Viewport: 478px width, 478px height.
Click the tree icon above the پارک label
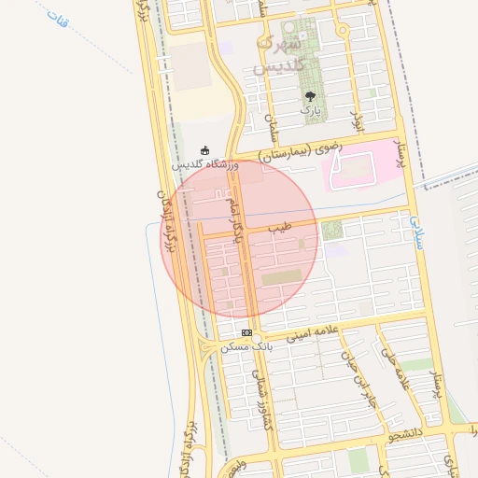point(310,95)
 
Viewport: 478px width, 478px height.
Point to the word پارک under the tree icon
point(310,110)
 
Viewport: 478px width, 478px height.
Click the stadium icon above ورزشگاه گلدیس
point(205,150)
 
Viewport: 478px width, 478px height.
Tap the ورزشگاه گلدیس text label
point(205,165)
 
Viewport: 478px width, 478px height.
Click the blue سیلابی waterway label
point(415,232)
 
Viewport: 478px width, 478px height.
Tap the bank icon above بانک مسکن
point(246,332)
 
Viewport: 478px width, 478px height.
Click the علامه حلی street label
point(396,369)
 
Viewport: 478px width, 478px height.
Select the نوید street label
point(355,118)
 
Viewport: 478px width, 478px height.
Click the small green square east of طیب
point(332,229)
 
